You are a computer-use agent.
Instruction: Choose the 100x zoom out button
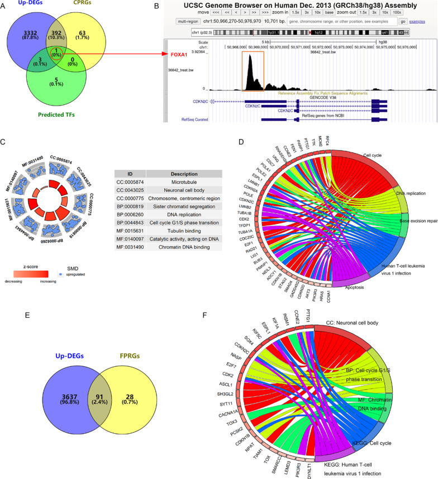(x=397, y=11)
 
